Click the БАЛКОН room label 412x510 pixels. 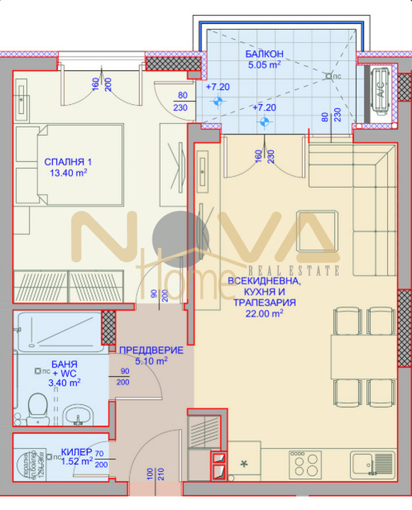point(265,55)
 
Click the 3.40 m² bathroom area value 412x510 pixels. point(63,383)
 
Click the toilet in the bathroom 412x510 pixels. point(35,408)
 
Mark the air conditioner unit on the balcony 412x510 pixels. point(379,93)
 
